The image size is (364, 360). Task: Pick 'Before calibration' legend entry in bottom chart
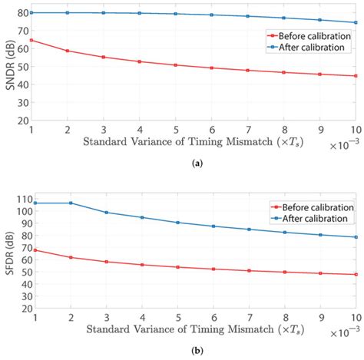click(312, 206)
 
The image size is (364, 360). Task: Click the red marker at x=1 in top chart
click(31, 40)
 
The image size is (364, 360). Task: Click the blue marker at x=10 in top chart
click(356, 22)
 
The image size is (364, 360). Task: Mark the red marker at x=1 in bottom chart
click(31, 249)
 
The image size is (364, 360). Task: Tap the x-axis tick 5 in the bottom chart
click(175, 317)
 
